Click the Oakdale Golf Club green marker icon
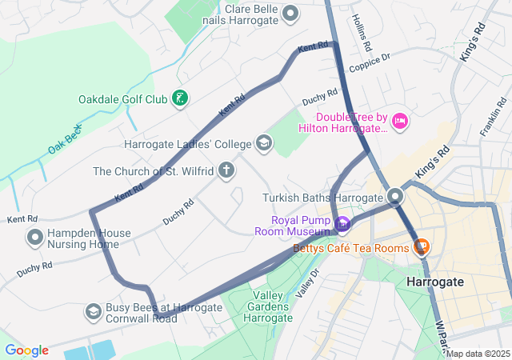[181, 99]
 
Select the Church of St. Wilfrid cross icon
[227, 170]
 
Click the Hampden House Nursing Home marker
[35, 238]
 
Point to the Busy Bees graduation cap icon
[94, 310]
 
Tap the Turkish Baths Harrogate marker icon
[395, 197]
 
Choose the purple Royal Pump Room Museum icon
[342, 225]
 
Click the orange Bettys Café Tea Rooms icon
[421, 248]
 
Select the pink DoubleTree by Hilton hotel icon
[400, 121]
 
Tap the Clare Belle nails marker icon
[291, 13]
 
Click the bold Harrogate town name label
[434, 282]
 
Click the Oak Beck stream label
[66, 138]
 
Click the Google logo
[26, 350]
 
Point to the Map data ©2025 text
[478, 354]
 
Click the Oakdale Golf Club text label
[122, 99]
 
